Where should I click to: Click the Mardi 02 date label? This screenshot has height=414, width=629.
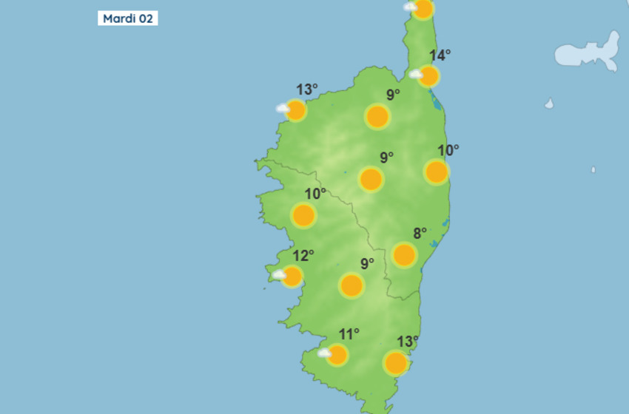[127, 18]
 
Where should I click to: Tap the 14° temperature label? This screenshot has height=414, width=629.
[440, 55]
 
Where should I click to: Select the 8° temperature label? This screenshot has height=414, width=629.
[420, 234]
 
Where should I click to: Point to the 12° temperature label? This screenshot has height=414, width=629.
[303, 256]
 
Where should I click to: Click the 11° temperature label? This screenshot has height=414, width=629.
[349, 334]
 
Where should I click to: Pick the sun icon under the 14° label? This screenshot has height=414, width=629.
[428, 75]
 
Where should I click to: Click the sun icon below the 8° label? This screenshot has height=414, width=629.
[404, 255]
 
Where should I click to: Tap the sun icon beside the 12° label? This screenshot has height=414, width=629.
[292, 276]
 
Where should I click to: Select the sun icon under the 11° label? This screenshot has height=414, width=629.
[337, 355]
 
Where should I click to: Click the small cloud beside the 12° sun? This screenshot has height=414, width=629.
[279, 275]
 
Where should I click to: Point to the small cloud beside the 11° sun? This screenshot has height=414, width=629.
[324, 353]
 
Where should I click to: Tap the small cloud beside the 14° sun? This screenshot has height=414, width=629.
[415, 74]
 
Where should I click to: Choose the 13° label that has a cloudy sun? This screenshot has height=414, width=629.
[307, 90]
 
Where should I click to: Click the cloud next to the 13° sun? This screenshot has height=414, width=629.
[283, 109]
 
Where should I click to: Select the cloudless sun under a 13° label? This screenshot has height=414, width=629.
[396, 363]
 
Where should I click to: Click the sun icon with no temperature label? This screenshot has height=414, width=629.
[423, 9]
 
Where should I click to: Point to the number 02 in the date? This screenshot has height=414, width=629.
[145, 18]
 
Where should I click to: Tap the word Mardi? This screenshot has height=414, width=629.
[118, 18]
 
